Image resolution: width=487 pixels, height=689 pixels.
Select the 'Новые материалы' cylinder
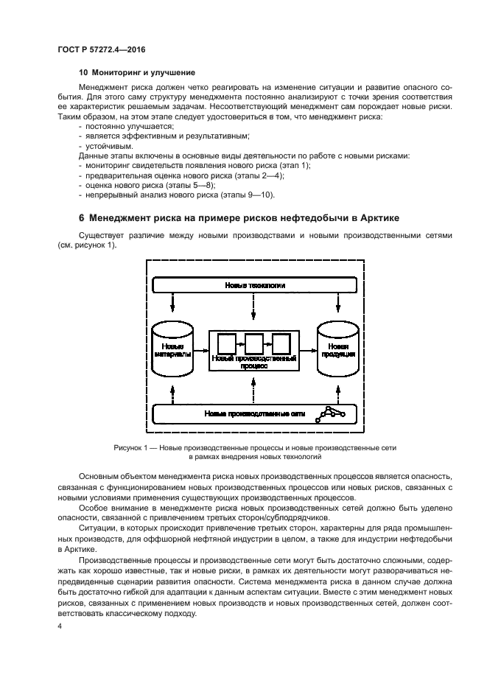click(172, 349)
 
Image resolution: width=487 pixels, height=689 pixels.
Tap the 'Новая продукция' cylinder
click(338, 349)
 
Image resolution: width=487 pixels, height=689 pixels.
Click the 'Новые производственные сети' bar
click(256, 414)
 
